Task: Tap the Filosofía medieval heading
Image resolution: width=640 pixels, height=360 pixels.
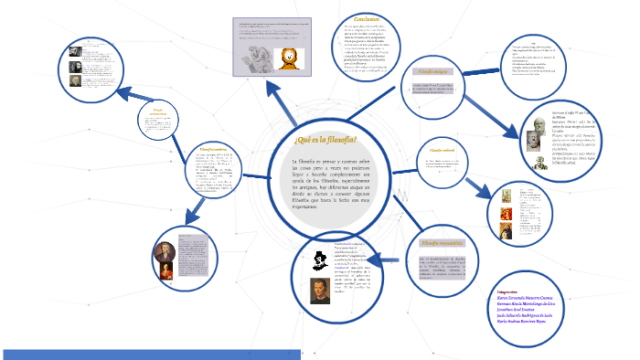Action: point(435,150)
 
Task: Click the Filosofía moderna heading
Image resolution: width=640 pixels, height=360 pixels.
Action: point(213,146)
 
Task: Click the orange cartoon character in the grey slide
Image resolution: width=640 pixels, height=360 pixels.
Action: point(291,61)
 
